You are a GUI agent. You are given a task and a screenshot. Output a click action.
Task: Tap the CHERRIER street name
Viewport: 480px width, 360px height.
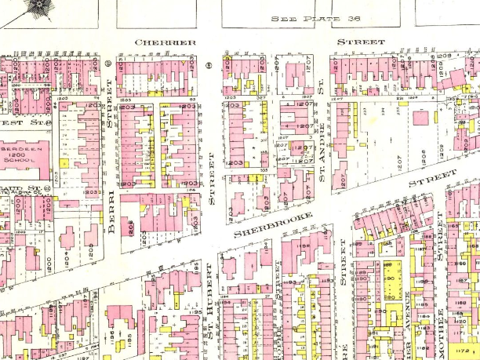[165, 42]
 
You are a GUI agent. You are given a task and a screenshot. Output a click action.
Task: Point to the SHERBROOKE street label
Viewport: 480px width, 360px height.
[274, 221]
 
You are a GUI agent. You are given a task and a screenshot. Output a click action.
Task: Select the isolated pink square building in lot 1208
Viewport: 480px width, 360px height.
[422, 118]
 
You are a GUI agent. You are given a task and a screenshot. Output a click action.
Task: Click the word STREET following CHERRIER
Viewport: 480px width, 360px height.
[361, 41]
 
